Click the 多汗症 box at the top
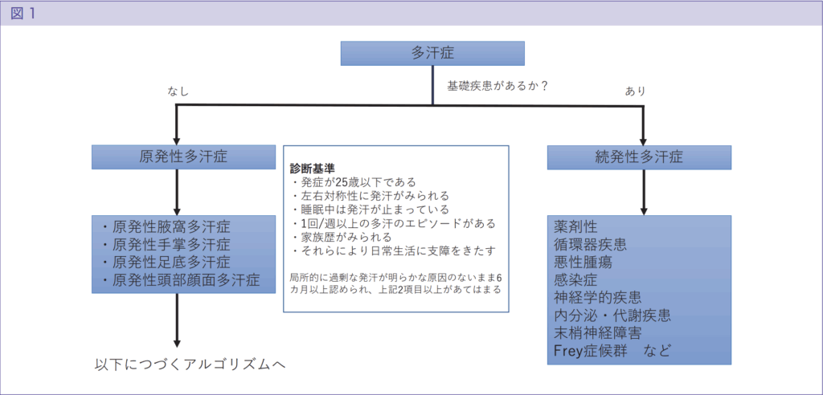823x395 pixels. coord(432,53)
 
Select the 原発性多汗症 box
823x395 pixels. coord(183,157)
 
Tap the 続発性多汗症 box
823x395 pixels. coord(640,157)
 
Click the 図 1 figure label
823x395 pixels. coord(23,14)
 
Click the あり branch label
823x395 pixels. coord(635,92)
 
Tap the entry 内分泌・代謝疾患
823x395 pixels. coord(612,315)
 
